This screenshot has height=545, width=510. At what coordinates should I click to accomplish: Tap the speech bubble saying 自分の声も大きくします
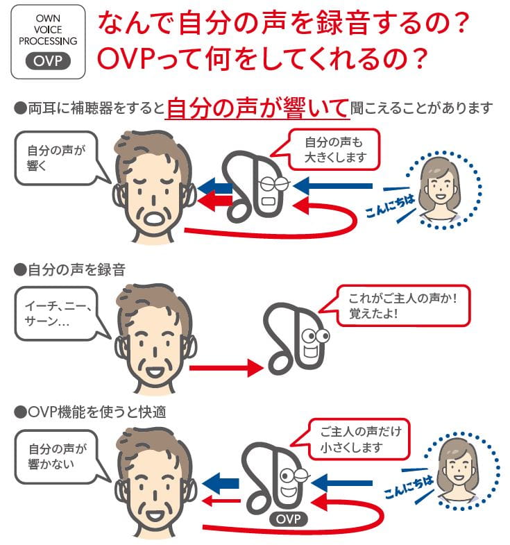tap(334, 148)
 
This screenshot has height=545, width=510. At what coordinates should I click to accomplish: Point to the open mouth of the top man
tap(153, 218)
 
